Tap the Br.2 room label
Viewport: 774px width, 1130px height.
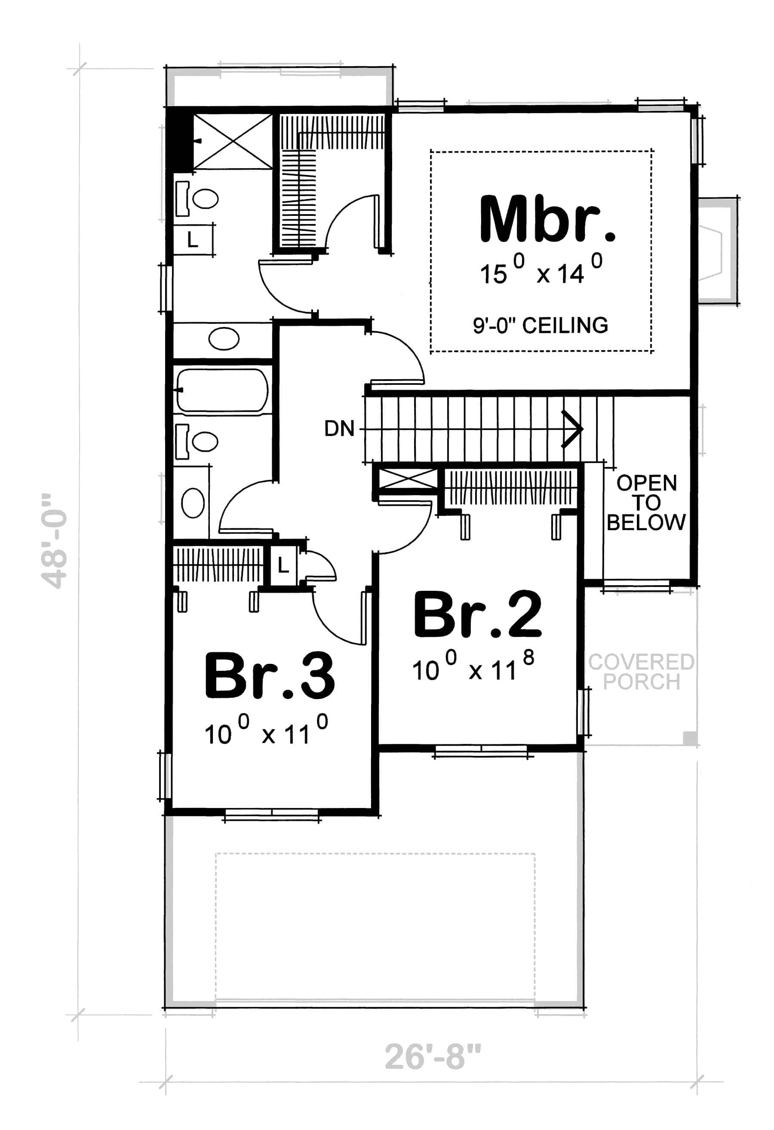[x=477, y=614]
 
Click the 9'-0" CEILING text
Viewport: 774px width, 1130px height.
[x=540, y=325]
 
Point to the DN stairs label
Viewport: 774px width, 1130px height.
[x=339, y=429]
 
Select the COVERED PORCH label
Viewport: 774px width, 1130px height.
[x=641, y=672]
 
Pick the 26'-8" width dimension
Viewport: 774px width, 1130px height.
[x=433, y=1056]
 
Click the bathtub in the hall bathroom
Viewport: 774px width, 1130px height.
[x=222, y=390]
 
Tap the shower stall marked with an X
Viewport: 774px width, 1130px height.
[x=233, y=141]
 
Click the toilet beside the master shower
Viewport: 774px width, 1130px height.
[x=199, y=198]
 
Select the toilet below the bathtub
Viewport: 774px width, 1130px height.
[x=199, y=442]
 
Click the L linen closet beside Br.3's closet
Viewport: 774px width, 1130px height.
[x=283, y=565]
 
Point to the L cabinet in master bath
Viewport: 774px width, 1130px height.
[x=193, y=240]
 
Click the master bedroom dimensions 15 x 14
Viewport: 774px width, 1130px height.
[x=541, y=271]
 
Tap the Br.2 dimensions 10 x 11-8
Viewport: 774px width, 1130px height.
[x=473, y=667]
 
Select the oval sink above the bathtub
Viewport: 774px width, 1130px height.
[x=224, y=339]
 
